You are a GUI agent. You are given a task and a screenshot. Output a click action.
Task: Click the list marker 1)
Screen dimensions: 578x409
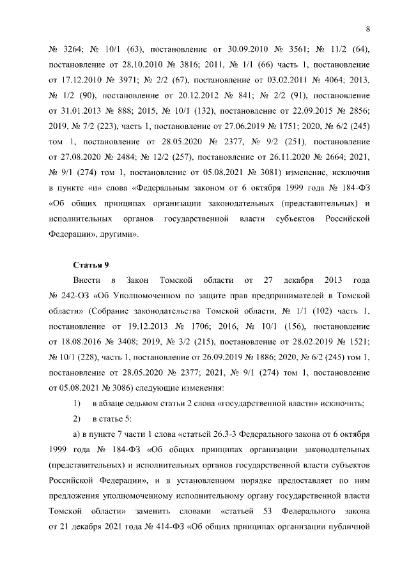point(77,402)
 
